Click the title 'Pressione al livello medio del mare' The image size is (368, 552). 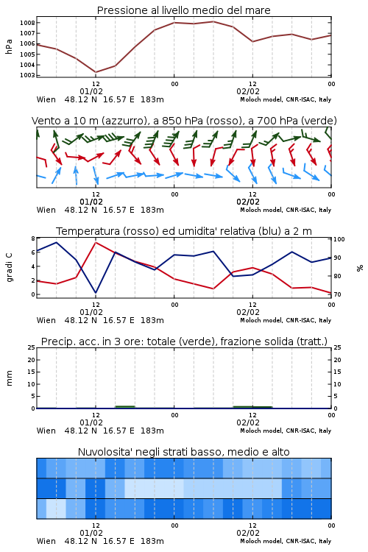pyautogui.click(x=183, y=10)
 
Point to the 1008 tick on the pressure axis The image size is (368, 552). pyautogui.click(x=27, y=23)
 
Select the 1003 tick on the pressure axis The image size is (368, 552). pyautogui.click(x=27, y=75)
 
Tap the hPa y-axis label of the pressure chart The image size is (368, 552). pyautogui.click(x=9, y=46)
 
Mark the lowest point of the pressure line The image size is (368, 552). pyautogui.click(x=96, y=72)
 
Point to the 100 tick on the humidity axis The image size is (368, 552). pyautogui.click(x=339, y=239)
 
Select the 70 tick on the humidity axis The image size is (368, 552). pyautogui.click(x=337, y=294)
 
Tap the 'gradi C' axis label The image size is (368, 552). pyautogui.click(x=10, y=267)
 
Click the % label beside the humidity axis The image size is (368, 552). pyautogui.click(x=360, y=268)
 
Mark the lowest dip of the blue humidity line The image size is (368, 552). pyautogui.click(x=96, y=292)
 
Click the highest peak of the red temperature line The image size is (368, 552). pyautogui.click(x=96, y=242)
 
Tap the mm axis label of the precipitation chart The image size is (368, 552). pyautogui.click(x=9, y=378)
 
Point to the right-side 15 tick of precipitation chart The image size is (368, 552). pyautogui.click(x=337, y=372)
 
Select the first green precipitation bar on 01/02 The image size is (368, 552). pyautogui.click(x=125, y=407)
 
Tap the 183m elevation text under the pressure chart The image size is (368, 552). pyautogui.click(x=152, y=99)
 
